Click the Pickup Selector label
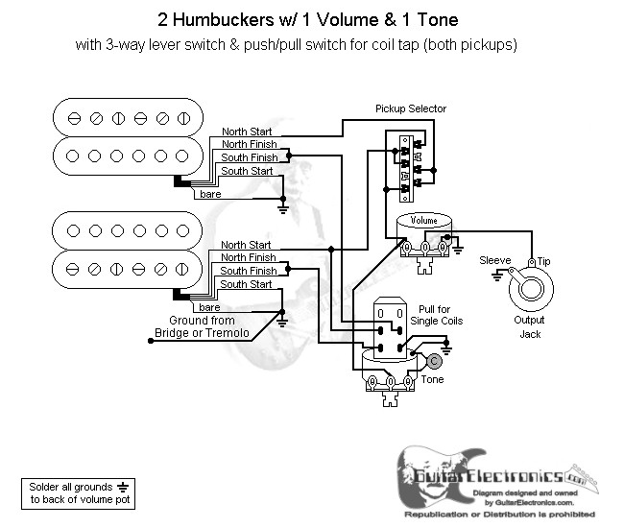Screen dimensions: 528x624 (x=410, y=109)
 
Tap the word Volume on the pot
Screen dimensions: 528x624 (x=423, y=221)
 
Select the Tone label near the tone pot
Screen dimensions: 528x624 (x=432, y=379)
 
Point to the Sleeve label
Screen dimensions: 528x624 (x=494, y=259)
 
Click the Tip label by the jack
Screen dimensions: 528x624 (x=544, y=259)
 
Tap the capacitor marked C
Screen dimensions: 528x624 (x=434, y=361)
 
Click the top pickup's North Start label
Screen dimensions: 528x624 (x=247, y=131)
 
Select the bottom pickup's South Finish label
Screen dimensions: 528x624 (x=249, y=271)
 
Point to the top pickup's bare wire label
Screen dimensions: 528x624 (x=209, y=194)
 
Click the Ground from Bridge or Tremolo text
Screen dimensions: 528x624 (x=202, y=326)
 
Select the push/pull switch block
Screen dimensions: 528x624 (x=391, y=329)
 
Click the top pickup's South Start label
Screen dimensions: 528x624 (x=247, y=171)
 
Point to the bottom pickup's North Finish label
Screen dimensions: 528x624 (x=249, y=257)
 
